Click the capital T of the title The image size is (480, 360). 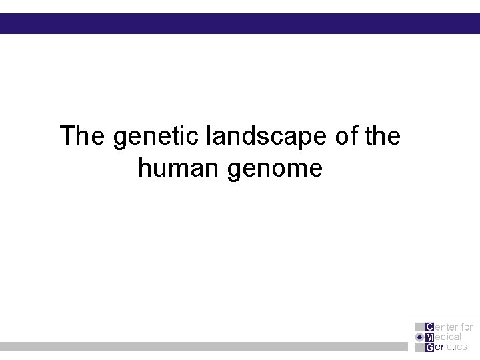point(67,136)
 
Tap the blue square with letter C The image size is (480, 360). point(429,327)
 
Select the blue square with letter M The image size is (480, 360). point(429,337)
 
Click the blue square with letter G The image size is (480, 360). point(429,347)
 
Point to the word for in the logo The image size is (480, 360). point(465,327)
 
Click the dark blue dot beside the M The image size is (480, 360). point(419,337)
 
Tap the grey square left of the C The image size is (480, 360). point(419,327)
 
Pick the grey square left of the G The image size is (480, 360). point(419,347)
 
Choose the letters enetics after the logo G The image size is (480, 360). point(451,347)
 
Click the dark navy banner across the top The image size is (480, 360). point(240,23)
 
